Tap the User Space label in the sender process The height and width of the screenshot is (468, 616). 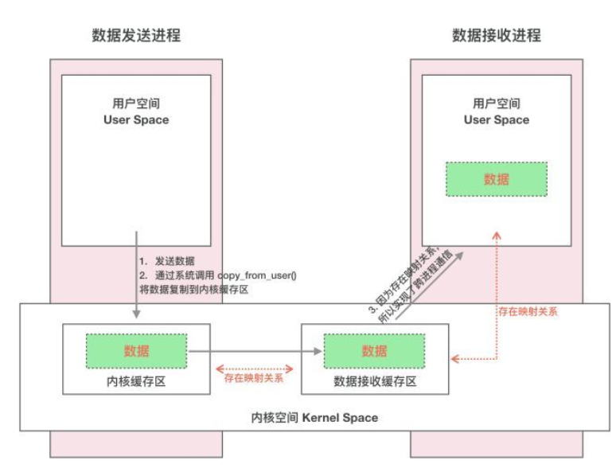[136, 119]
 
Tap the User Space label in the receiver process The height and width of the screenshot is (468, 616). [496, 119]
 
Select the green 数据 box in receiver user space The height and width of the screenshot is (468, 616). [496, 180]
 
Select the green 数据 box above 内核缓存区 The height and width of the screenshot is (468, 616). [136, 351]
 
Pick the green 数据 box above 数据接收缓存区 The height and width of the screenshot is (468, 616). [374, 351]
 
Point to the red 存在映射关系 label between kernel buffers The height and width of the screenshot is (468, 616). [255, 378]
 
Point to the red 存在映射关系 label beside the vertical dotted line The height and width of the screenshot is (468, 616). [527, 311]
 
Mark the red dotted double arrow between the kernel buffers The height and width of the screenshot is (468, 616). [255, 368]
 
